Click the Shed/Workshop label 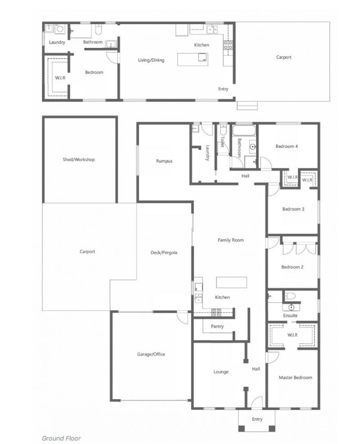pos(79,159)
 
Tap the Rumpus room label pos(164,161)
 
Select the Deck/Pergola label pos(164,252)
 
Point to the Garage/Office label pos(151,354)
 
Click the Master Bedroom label pos(295,377)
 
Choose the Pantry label pos(217,327)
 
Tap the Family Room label pos(230,240)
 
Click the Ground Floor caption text pos(61,438)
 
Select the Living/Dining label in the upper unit pos(151,60)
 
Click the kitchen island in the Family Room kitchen pos(231,283)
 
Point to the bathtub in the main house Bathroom pos(244,131)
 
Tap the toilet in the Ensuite pos(290,296)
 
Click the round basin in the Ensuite pos(292,307)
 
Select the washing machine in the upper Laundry pos(60,29)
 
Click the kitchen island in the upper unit pos(193,59)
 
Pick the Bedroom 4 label pos(287,146)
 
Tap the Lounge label pos(221,372)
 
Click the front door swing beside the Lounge pos(256,402)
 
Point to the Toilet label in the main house pos(222,142)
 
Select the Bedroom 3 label pos(293,209)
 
